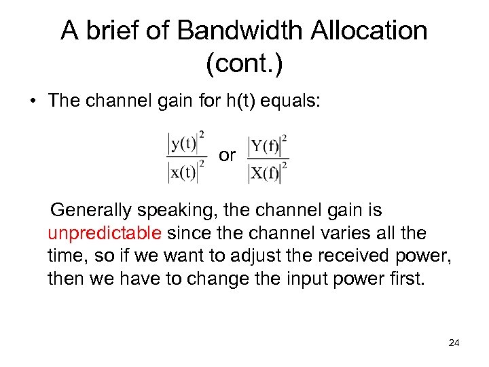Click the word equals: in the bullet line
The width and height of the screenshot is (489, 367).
298,101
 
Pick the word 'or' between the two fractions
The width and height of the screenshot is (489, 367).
227,155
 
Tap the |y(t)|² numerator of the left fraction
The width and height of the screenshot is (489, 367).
187,143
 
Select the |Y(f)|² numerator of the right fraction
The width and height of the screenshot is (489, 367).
268,145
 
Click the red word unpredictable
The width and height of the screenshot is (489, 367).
105,234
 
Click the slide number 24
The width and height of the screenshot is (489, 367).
454,343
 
